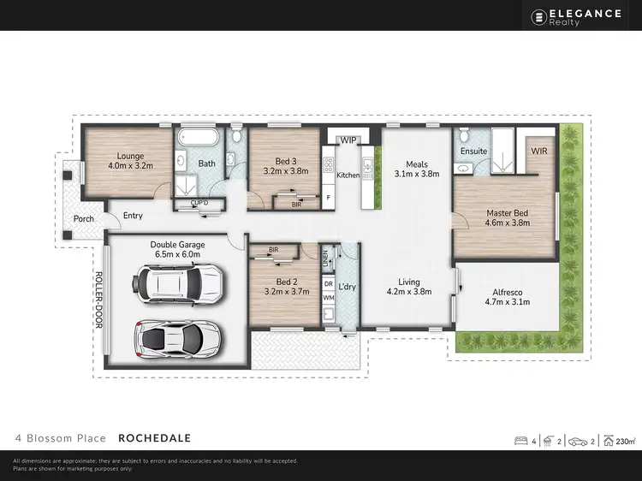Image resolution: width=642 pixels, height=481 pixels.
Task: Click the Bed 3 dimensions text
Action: point(285,170)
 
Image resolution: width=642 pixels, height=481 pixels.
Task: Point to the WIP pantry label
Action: point(348,140)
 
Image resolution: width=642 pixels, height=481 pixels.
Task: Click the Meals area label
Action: point(417,164)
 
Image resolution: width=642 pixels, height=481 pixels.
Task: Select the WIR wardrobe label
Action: point(539,151)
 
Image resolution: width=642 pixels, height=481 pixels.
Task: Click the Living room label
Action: point(409,281)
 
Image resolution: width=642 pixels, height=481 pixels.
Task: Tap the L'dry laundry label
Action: point(348,285)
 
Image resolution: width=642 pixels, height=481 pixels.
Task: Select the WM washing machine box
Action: point(328,298)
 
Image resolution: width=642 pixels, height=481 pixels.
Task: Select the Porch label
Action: point(84,218)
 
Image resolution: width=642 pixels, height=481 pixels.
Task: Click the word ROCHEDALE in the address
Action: point(154,438)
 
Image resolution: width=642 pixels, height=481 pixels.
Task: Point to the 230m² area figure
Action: point(626,442)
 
